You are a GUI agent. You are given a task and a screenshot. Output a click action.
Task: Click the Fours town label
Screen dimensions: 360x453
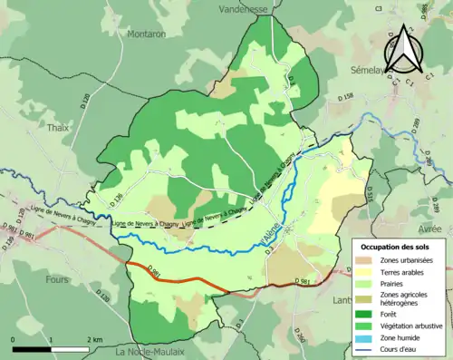pyautogui.click(x=56, y=279)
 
